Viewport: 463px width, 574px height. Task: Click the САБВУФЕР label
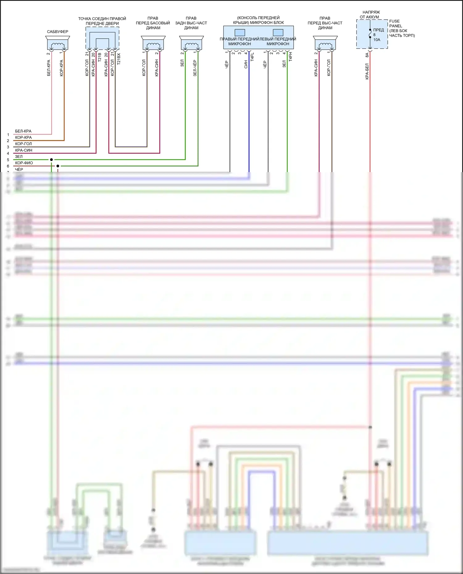(x=57, y=32)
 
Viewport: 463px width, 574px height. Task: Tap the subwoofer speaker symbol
(x=58, y=43)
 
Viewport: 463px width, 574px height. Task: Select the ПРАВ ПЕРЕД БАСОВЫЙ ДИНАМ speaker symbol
(x=153, y=43)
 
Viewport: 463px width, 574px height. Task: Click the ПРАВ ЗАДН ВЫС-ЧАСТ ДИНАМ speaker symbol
(x=191, y=43)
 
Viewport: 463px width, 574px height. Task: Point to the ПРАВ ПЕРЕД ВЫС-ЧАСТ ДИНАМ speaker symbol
(x=325, y=43)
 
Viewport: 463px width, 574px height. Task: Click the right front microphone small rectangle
(x=240, y=32)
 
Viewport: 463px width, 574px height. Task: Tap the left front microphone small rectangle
(x=278, y=32)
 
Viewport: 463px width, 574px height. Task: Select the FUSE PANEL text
(x=395, y=23)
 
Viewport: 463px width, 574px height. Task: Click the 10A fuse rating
(x=377, y=40)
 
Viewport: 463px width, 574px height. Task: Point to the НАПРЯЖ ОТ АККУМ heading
(x=370, y=14)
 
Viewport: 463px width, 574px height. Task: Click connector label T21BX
(x=119, y=59)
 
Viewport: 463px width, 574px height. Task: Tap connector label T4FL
(x=252, y=57)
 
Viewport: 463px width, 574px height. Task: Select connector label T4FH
(x=290, y=57)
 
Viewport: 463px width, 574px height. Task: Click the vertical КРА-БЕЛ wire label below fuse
(x=367, y=72)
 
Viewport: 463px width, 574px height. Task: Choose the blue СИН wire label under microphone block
(x=246, y=64)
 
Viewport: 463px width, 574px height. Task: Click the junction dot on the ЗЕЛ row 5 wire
(x=51, y=160)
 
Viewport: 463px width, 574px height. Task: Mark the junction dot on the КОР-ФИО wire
(x=58, y=166)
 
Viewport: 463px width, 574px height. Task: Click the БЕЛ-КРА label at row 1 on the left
(x=23, y=131)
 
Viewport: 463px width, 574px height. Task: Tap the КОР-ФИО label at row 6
(x=24, y=163)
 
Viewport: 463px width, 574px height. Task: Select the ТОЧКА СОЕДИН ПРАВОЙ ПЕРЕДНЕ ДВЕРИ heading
(x=102, y=21)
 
